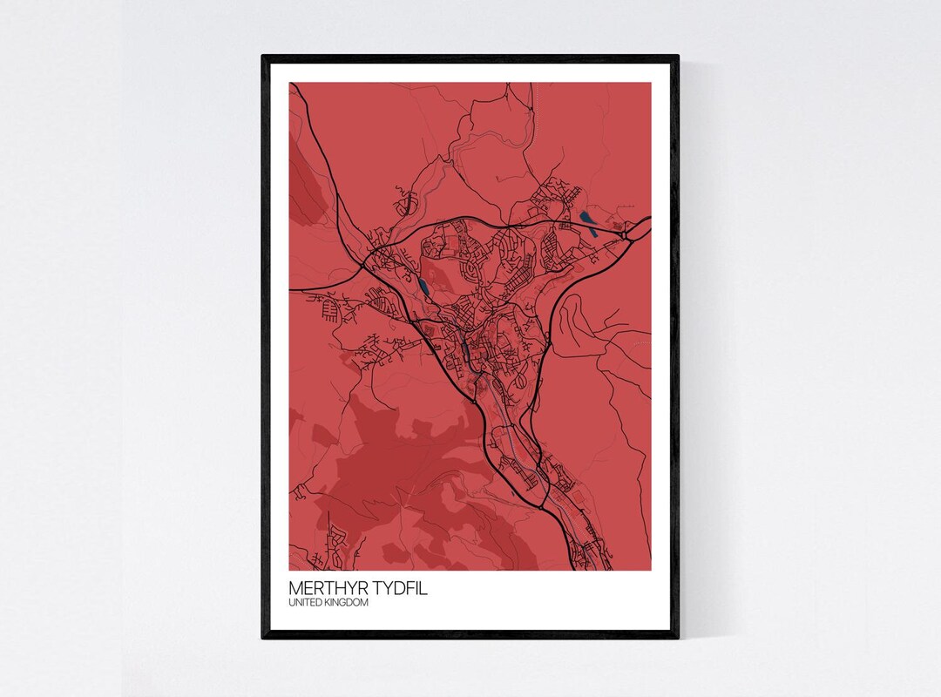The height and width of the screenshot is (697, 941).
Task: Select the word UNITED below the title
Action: pos(305,603)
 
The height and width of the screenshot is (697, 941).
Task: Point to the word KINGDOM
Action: pos(347,603)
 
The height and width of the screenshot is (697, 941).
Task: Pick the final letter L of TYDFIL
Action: pos(424,589)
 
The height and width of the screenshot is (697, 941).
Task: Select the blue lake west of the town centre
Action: pos(423,287)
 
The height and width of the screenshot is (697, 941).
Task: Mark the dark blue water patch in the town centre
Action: pos(466,350)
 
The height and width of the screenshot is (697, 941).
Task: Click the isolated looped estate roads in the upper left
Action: pos(405,205)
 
